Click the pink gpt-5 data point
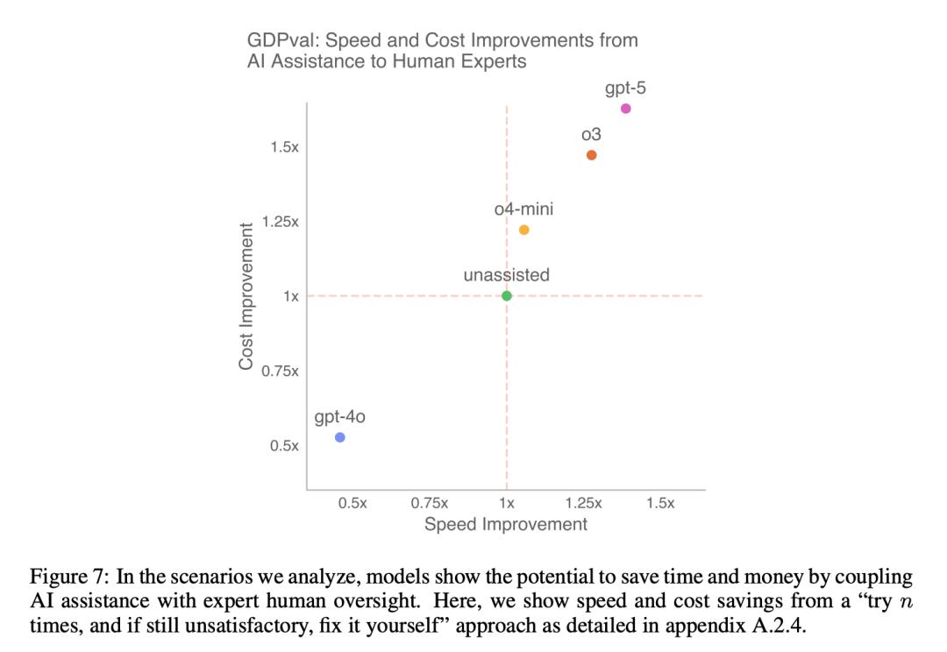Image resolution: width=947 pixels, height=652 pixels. [625, 109]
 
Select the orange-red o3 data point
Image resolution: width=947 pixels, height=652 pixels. [592, 155]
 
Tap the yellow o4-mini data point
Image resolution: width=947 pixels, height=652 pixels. [524, 230]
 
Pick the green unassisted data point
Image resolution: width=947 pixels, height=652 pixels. [507, 295]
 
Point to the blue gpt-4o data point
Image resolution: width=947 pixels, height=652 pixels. [340, 437]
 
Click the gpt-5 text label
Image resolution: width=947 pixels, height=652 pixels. [625, 89]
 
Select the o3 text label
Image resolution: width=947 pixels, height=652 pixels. [591, 135]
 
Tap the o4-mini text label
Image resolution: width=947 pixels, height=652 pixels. [523, 209]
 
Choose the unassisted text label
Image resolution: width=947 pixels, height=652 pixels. [507, 275]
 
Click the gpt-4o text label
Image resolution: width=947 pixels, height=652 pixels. [340, 417]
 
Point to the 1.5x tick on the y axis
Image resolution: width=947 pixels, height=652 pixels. [284, 147]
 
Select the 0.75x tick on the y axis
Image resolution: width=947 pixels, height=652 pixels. [281, 372]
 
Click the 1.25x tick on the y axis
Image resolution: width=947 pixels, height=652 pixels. [281, 222]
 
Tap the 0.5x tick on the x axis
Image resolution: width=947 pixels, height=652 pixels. [352, 503]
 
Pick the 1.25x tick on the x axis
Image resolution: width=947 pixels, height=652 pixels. [584, 503]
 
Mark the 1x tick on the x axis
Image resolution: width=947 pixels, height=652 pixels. [507, 503]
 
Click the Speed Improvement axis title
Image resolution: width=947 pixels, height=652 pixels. [506, 524]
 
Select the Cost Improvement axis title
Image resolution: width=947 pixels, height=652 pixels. [246, 296]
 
